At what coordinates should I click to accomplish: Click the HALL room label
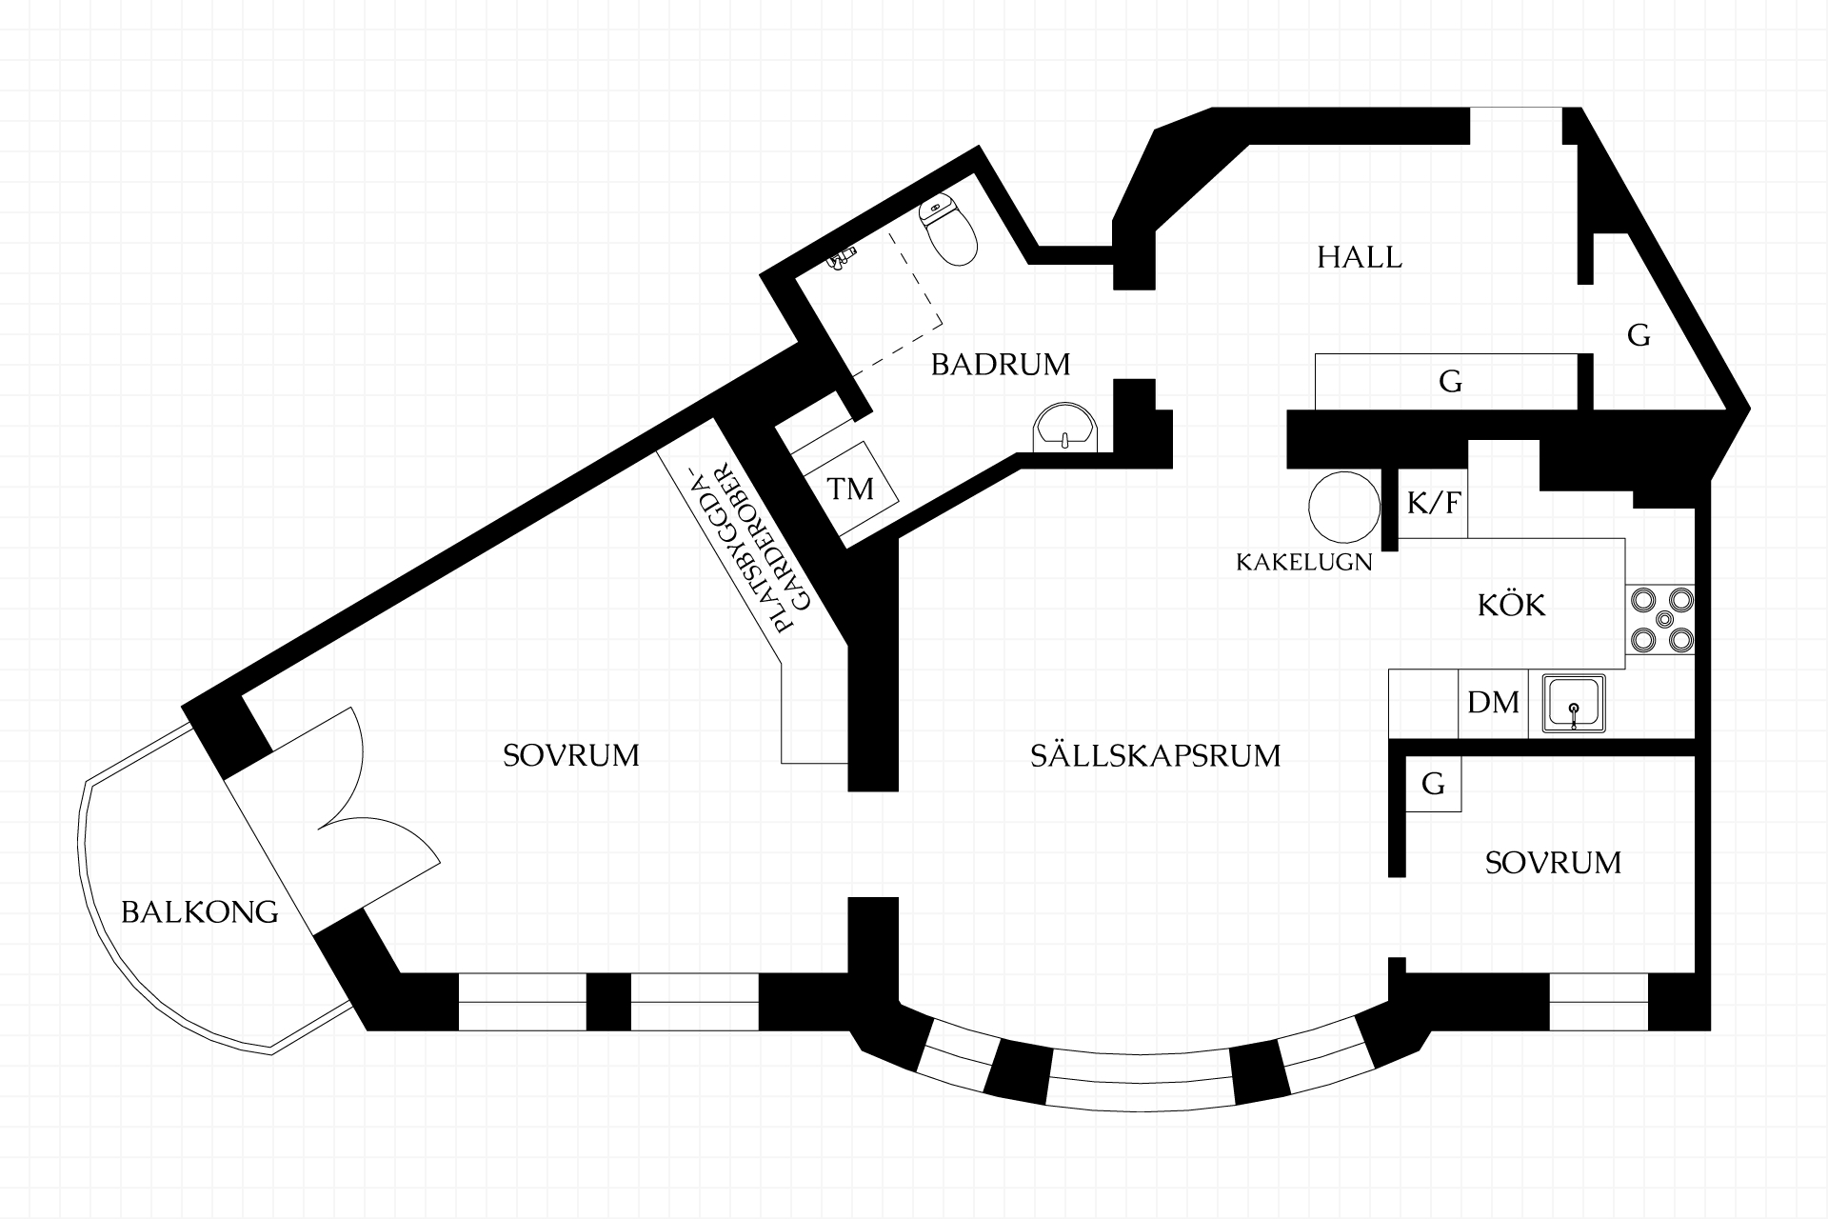click(x=1360, y=257)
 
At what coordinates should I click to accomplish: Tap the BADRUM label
click(x=1001, y=365)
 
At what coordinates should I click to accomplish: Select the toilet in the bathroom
click(x=948, y=231)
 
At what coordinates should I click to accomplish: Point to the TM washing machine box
click(x=850, y=490)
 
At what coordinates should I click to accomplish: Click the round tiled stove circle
click(x=1344, y=508)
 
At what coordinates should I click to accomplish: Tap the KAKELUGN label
click(x=1304, y=562)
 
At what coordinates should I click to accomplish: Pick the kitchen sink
click(x=1573, y=704)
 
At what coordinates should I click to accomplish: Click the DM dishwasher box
click(x=1493, y=703)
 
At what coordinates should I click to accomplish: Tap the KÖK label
click(x=1512, y=605)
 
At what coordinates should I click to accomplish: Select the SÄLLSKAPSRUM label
click(x=1156, y=756)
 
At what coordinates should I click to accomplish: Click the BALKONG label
click(x=200, y=912)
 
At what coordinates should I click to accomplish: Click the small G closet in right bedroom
click(x=1433, y=785)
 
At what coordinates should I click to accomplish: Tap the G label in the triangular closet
click(x=1639, y=335)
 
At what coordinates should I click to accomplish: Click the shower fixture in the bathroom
click(x=842, y=259)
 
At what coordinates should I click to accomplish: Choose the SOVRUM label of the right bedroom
click(x=1553, y=863)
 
